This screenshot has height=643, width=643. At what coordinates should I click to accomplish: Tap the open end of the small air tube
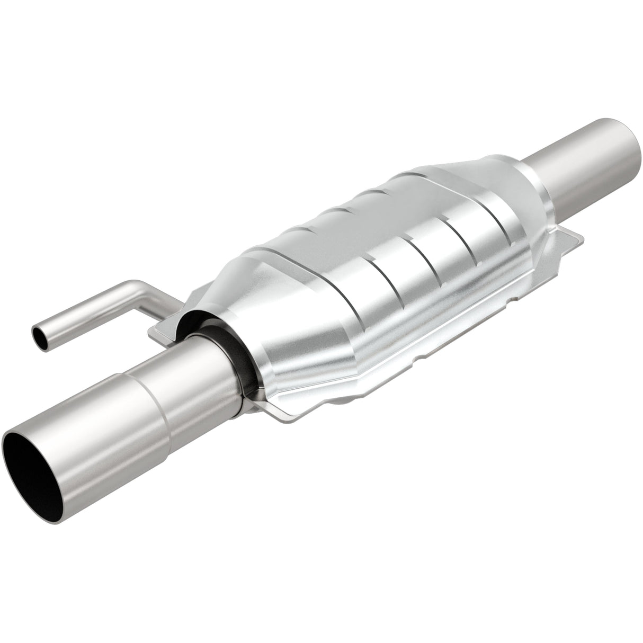[38, 335]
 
